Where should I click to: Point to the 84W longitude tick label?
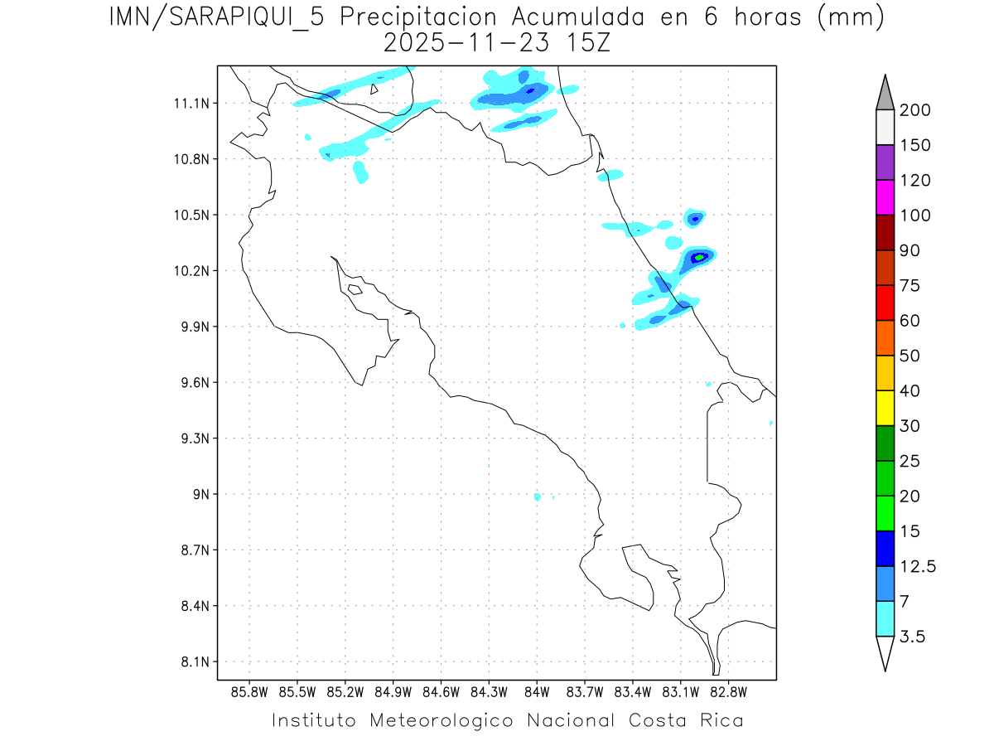pos(536,691)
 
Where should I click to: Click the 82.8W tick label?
pos(728,691)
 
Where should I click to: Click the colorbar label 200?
pos(915,110)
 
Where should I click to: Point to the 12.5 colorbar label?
pos(919,567)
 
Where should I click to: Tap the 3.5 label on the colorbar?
pos(912,637)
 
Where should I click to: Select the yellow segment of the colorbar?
pos(885,408)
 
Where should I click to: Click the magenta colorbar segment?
pos(885,197)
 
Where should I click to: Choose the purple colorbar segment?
pos(885,162)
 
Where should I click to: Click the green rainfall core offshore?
pos(700,257)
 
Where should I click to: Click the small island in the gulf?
pos(355,289)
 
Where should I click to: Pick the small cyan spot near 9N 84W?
pos(538,497)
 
